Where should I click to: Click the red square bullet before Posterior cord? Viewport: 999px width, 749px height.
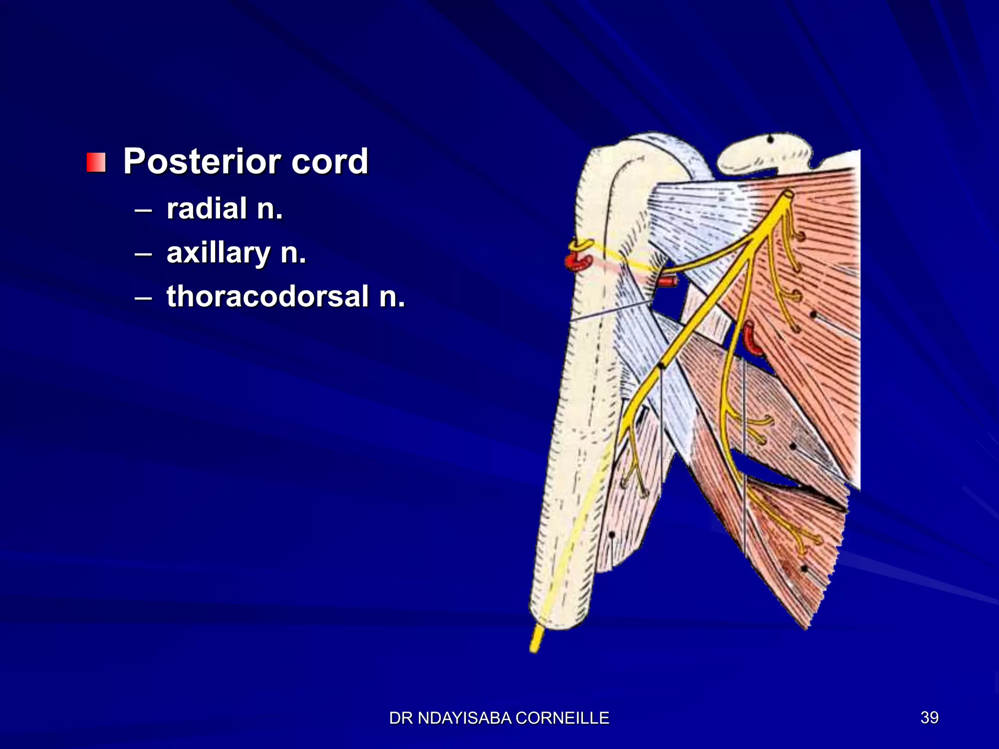(x=96, y=162)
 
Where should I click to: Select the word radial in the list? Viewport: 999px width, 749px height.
(x=207, y=209)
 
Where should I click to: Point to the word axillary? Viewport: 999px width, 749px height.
(x=219, y=253)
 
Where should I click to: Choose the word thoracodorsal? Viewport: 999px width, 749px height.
(x=267, y=296)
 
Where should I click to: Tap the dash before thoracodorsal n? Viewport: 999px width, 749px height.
(x=143, y=298)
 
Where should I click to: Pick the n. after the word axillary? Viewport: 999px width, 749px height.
(x=293, y=253)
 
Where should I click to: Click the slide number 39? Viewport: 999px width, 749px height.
(x=929, y=717)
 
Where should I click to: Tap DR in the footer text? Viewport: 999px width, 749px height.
(x=401, y=718)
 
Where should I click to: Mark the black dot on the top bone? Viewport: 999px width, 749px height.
(x=770, y=139)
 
